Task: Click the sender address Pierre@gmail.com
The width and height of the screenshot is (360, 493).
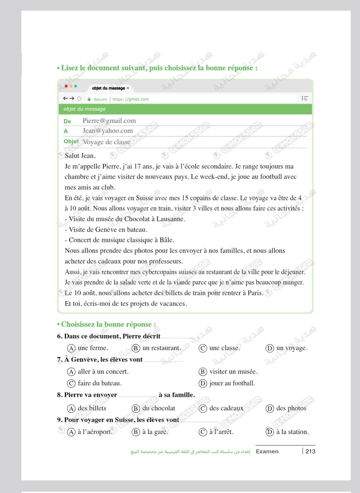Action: pyautogui.click(x=109, y=121)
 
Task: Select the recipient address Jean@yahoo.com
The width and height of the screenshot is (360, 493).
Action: pyautogui.click(x=107, y=131)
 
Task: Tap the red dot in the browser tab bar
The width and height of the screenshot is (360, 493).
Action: pyautogui.click(x=66, y=86)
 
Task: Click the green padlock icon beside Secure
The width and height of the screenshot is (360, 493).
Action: pyautogui.click(x=89, y=99)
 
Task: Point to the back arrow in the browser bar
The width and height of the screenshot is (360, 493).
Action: pyautogui.click(x=65, y=98)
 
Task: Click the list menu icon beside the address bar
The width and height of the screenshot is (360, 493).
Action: pyautogui.click(x=304, y=98)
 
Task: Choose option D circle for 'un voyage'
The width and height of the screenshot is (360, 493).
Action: pyautogui.click(x=269, y=348)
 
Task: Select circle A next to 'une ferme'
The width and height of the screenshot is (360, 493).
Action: pyautogui.click(x=71, y=348)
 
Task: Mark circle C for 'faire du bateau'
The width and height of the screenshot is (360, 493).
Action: pyautogui.click(x=71, y=383)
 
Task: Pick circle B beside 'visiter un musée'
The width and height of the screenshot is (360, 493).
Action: pyautogui.click(x=203, y=372)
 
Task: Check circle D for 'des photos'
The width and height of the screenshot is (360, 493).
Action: pyautogui.click(x=269, y=408)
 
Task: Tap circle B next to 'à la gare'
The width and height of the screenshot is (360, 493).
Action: pyautogui.click(x=136, y=432)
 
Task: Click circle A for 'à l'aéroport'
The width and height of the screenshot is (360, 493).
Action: pyautogui.click(x=71, y=432)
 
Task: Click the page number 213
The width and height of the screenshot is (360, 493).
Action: pyautogui.click(x=310, y=451)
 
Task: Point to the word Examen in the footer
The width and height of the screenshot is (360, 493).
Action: pyautogui.click(x=267, y=451)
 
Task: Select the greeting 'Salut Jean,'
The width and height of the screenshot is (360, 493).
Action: pyautogui.click(x=80, y=156)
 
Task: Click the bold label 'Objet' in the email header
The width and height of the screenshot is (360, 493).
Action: pyautogui.click(x=71, y=141)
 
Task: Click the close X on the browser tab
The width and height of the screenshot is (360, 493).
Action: pyautogui.click(x=128, y=88)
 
